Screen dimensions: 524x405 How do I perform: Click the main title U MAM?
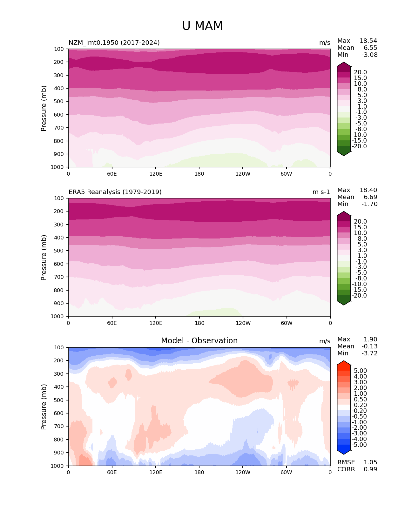[x=202, y=26]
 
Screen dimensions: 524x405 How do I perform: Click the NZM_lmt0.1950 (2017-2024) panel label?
[x=114, y=43]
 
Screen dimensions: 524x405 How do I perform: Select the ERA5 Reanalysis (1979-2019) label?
[x=115, y=192]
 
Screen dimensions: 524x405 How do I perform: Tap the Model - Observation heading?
[x=199, y=341]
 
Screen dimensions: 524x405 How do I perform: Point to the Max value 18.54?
[x=368, y=41]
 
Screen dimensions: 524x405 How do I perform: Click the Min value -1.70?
[x=369, y=204]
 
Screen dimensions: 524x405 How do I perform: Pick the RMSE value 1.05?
[x=370, y=462]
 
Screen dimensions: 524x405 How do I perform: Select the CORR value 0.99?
[x=370, y=469]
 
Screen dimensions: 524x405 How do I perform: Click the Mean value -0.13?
[x=369, y=346]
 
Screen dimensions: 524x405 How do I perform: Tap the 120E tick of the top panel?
[x=156, y=174]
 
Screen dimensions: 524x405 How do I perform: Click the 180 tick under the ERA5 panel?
[x=199, y=323]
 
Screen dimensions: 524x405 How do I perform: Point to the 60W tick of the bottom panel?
[x=286, y=473]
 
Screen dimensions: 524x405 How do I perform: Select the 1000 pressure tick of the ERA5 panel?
[x=58, y=317]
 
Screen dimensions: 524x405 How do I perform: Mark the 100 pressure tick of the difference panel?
[x=59, y=348]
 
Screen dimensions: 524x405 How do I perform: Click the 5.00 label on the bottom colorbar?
[x=360, y=371]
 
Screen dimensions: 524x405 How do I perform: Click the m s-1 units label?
[x=321, y=192]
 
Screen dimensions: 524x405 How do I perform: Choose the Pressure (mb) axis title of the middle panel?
[x=44, y=258]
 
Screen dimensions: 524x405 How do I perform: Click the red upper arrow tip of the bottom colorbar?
[x=344, y=362]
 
